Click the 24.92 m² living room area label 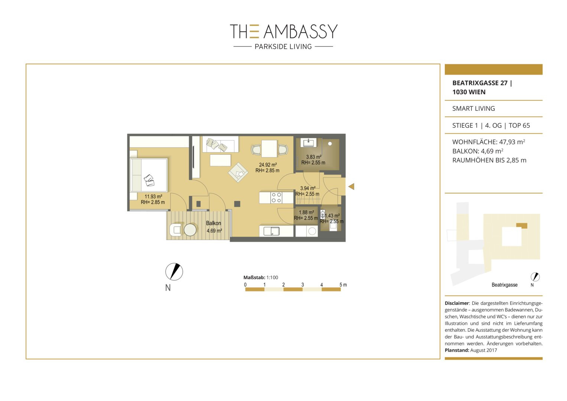268,165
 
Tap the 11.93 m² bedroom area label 153,196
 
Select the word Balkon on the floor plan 214,223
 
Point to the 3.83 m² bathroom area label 314,157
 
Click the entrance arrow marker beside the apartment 351,186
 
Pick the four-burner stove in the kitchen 276,198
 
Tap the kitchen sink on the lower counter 271,231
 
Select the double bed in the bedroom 149,175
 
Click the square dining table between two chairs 269,149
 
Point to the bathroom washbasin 308,143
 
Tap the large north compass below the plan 174,272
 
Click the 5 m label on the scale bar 343,285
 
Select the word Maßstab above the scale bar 254,277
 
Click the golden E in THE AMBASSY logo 254,32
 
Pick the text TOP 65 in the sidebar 519,125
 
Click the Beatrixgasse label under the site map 505,285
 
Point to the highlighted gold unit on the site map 522,225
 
